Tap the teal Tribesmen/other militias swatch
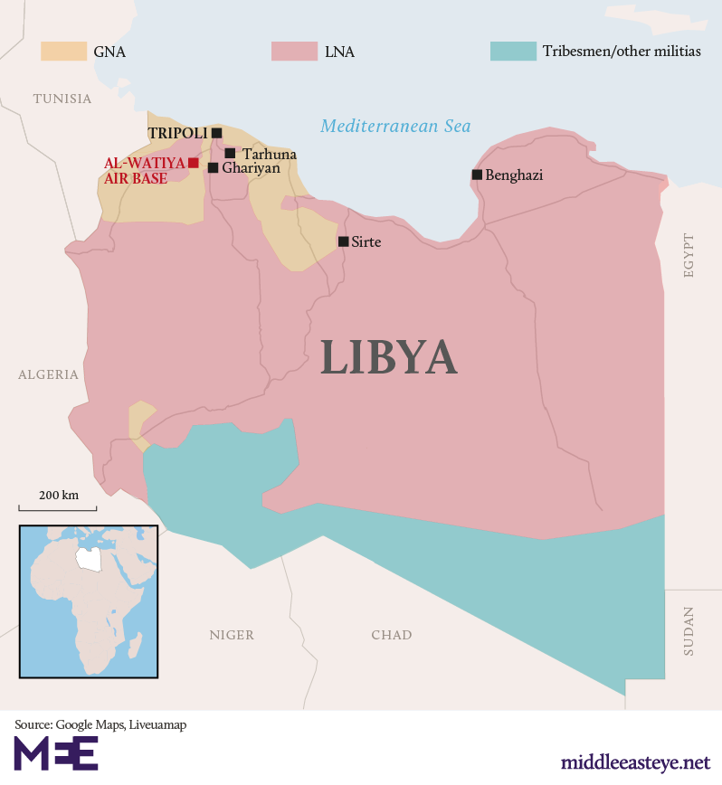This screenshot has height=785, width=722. [x=512, y=52]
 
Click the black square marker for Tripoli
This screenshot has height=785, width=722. [x=217, y=133]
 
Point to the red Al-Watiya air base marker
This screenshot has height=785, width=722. [x=194, y=163]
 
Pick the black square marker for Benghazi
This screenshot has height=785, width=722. [x=477, y=175]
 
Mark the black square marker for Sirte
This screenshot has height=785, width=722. [x=344, y=241]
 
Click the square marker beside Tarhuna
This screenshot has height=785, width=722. [x=230, y=154]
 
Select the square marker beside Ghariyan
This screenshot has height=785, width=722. [x=213, y=167]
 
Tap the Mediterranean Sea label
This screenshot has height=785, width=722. [x=395, y=127]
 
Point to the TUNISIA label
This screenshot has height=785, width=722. [x=62, y=99]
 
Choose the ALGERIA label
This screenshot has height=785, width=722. [x=48, y=374]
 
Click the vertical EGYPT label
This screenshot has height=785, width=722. [x=689, y=255]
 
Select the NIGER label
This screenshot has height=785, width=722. [x=232, y=635]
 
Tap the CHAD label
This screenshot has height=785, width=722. [x=391, y=635]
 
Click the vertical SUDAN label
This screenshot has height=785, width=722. [x=689, y=630]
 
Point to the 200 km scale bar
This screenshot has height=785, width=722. [x=58, y=508]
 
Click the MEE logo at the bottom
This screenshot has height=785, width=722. [x=56, y=753]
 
